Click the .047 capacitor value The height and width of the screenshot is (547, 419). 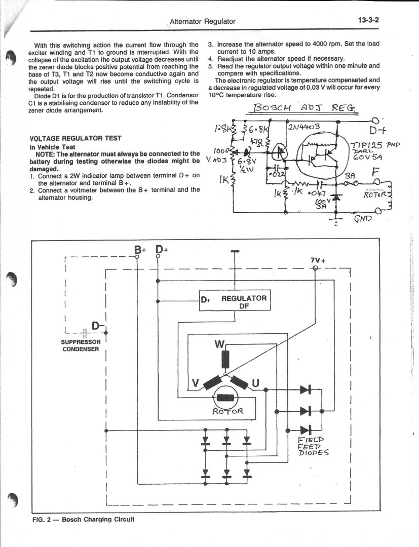[x=318, y=193]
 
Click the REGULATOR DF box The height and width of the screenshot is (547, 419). [x=235, y=301]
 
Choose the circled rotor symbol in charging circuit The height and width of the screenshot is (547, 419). [x=226, y=398]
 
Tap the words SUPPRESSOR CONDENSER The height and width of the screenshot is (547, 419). [x=81, y=345]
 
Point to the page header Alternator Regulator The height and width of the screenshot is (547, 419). [x=202, y=21]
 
